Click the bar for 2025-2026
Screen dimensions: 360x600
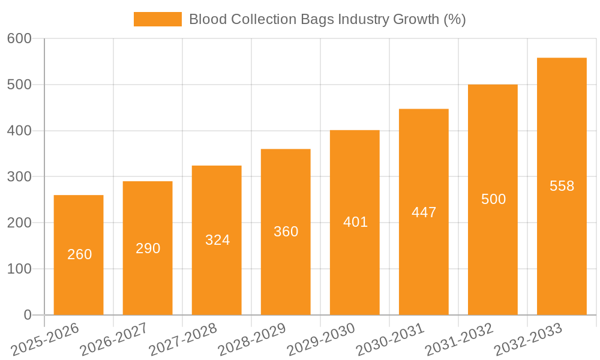tap(79, 255)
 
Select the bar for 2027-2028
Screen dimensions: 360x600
tap(217, 240)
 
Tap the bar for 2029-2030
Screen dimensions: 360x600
tap(355, 222)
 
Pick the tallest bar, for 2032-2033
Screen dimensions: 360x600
tap(562, 186)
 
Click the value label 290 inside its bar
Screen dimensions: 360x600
tap(148, 248)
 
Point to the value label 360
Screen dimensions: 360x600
tap(286, 232)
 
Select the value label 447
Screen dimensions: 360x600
tap(424, 212)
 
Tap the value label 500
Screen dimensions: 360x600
tap(493, 199)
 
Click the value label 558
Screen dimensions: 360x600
tap(562, 186)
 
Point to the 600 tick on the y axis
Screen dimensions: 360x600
tap(19, 38)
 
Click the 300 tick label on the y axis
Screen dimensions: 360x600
tap(19, 176)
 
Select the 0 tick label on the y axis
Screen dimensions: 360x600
tap(28, 315)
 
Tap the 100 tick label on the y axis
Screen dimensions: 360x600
tap(19, 269)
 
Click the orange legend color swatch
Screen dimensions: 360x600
tap(157, 19)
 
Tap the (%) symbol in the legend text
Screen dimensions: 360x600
tap(455, 19)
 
